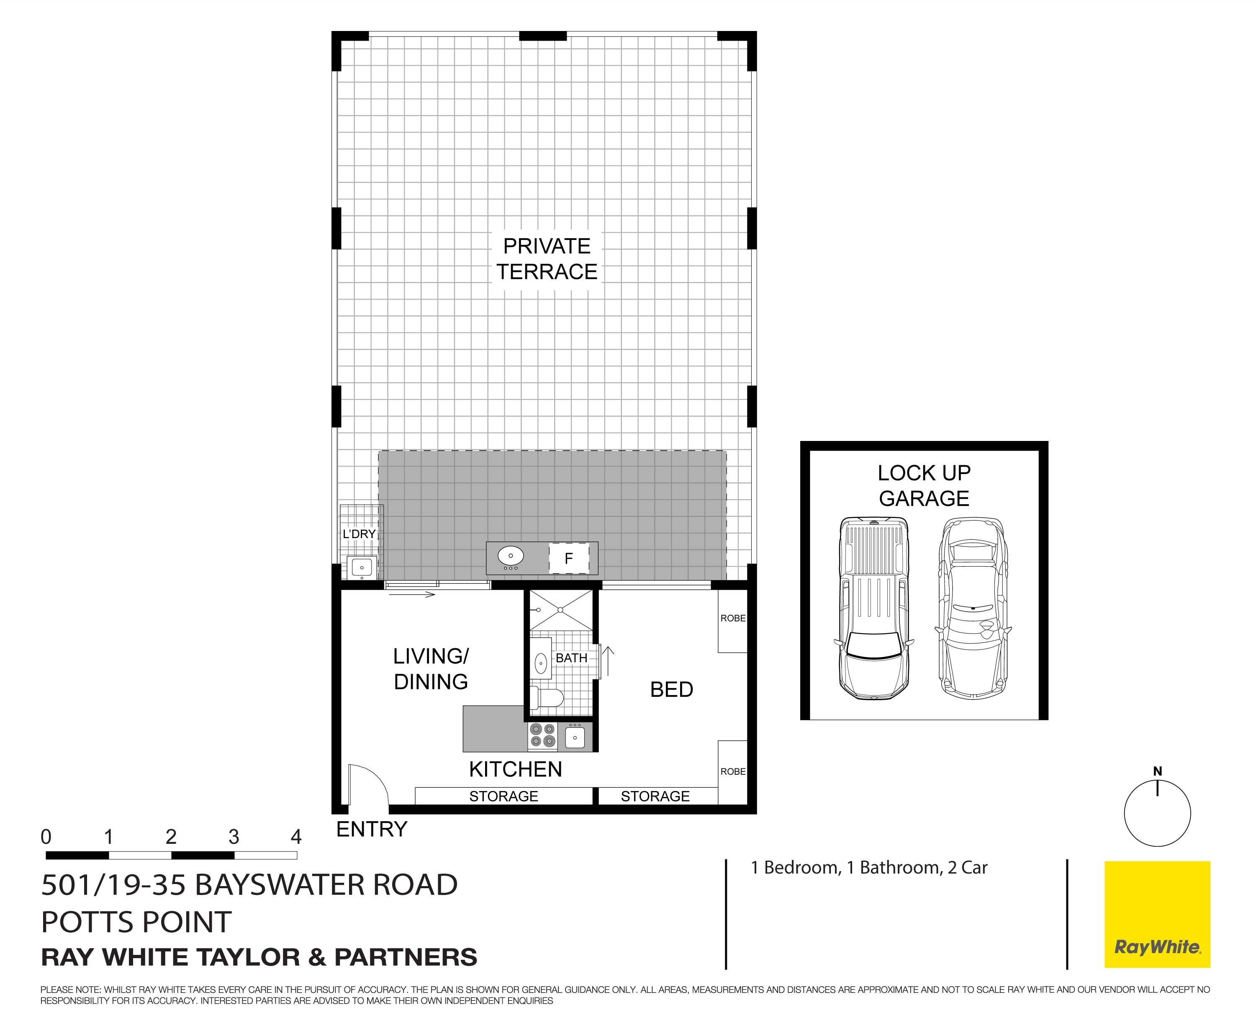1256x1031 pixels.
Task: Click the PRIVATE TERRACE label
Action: (547, 259)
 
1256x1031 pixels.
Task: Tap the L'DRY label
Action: (359, 534)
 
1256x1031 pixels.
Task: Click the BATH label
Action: (571, 658)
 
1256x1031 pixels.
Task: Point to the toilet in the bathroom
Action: (546, 698)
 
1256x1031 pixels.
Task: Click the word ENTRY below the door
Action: (372, 829)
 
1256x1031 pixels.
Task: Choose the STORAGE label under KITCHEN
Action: (503, 796)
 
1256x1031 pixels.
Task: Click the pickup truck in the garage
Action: (874, 609)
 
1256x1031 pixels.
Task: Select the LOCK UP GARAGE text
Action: (924, 485)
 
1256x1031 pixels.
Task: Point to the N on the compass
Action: (1157, 771)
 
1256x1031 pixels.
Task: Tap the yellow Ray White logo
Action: (1157, 914)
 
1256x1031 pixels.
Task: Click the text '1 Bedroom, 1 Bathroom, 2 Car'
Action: (868, 868)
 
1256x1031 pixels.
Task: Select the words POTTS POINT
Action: (136, 922)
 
